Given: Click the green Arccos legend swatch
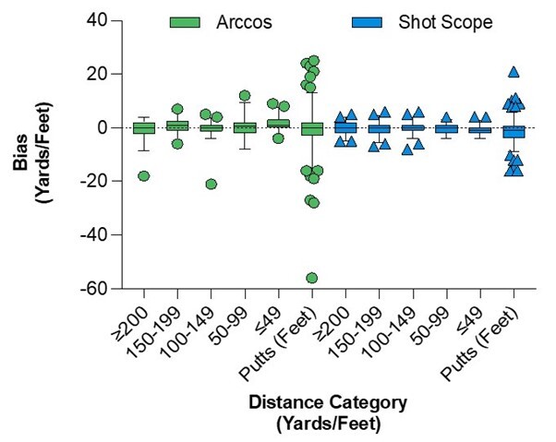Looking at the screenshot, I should pyautogui.click(x=188, y=22).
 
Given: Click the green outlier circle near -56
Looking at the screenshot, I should pyautogui.click(x=312, y=278).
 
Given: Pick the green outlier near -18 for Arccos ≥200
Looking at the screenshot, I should pyautogui.click(x=143, y=176).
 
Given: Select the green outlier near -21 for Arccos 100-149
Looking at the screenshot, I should pyautogui.click(x=212, y=185).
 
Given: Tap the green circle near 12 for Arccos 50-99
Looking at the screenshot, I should pyautogui.click(x=245, y=95).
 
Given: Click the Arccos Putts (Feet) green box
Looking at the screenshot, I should pyautogui.click(x=312, y=128).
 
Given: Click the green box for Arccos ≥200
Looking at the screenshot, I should pyautogui.click(x=143, y=127).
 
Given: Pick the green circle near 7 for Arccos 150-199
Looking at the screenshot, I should pyautogui.click(x=177, y=109).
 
